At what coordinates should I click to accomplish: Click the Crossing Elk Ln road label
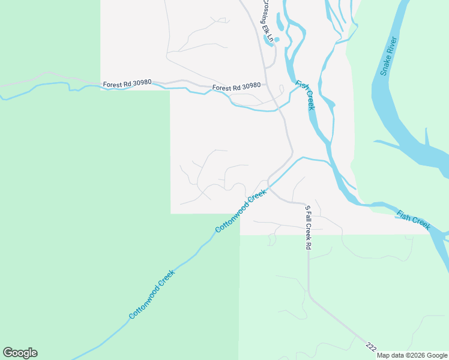pos(267,20)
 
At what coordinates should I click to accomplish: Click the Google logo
pos(20,353)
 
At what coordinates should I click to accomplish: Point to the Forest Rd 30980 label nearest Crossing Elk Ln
pos(237,87)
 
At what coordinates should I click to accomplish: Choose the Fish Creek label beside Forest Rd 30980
pos(306,95)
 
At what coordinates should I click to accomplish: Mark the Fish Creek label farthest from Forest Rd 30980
pos(414,220)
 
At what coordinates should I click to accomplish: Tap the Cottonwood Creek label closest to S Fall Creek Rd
pos(240,212)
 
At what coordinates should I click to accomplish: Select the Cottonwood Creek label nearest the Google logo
pos(152,295)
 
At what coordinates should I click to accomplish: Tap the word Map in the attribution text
pos(383,355)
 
